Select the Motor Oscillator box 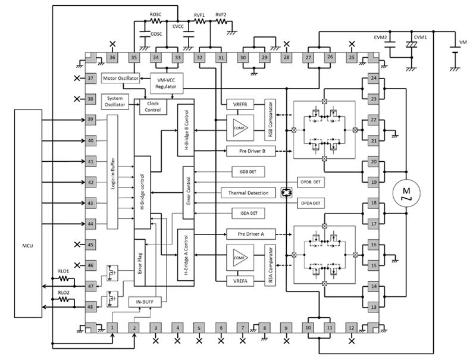[121, 79]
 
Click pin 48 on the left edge [90, 307]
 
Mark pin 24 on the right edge [374, 79]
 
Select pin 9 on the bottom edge [286, 327]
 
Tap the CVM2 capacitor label [381, 37]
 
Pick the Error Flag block [140, 261]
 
